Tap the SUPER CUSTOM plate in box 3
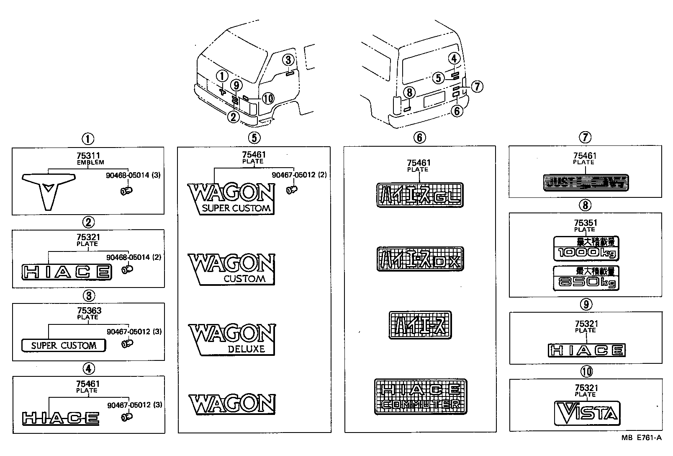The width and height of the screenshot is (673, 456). [x=64, y=345]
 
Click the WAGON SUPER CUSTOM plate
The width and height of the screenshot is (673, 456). [x=231, y=199]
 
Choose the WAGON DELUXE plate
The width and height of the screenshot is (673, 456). [x=231, y=339]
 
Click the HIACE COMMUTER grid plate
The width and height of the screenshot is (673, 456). [x=420, y=396]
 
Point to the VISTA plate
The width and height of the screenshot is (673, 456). [x=586, y=413]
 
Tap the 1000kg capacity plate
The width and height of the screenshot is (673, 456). [x=586, y=249]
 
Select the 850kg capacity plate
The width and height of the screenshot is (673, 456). [x=586, y=278]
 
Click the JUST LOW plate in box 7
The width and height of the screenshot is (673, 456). [x=586, y=182]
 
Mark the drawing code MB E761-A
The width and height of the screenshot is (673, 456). [x=641, y=438]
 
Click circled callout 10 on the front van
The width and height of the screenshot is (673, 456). [x=268, y=98]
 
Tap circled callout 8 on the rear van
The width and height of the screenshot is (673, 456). [x=409, y=92]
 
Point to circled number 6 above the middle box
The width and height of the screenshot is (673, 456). [x=419, y=137]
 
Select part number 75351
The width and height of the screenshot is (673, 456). [x=585, y=223]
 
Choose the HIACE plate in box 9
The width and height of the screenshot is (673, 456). [x=586, y=350]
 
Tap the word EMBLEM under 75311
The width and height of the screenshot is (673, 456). [x=90, y=162]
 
